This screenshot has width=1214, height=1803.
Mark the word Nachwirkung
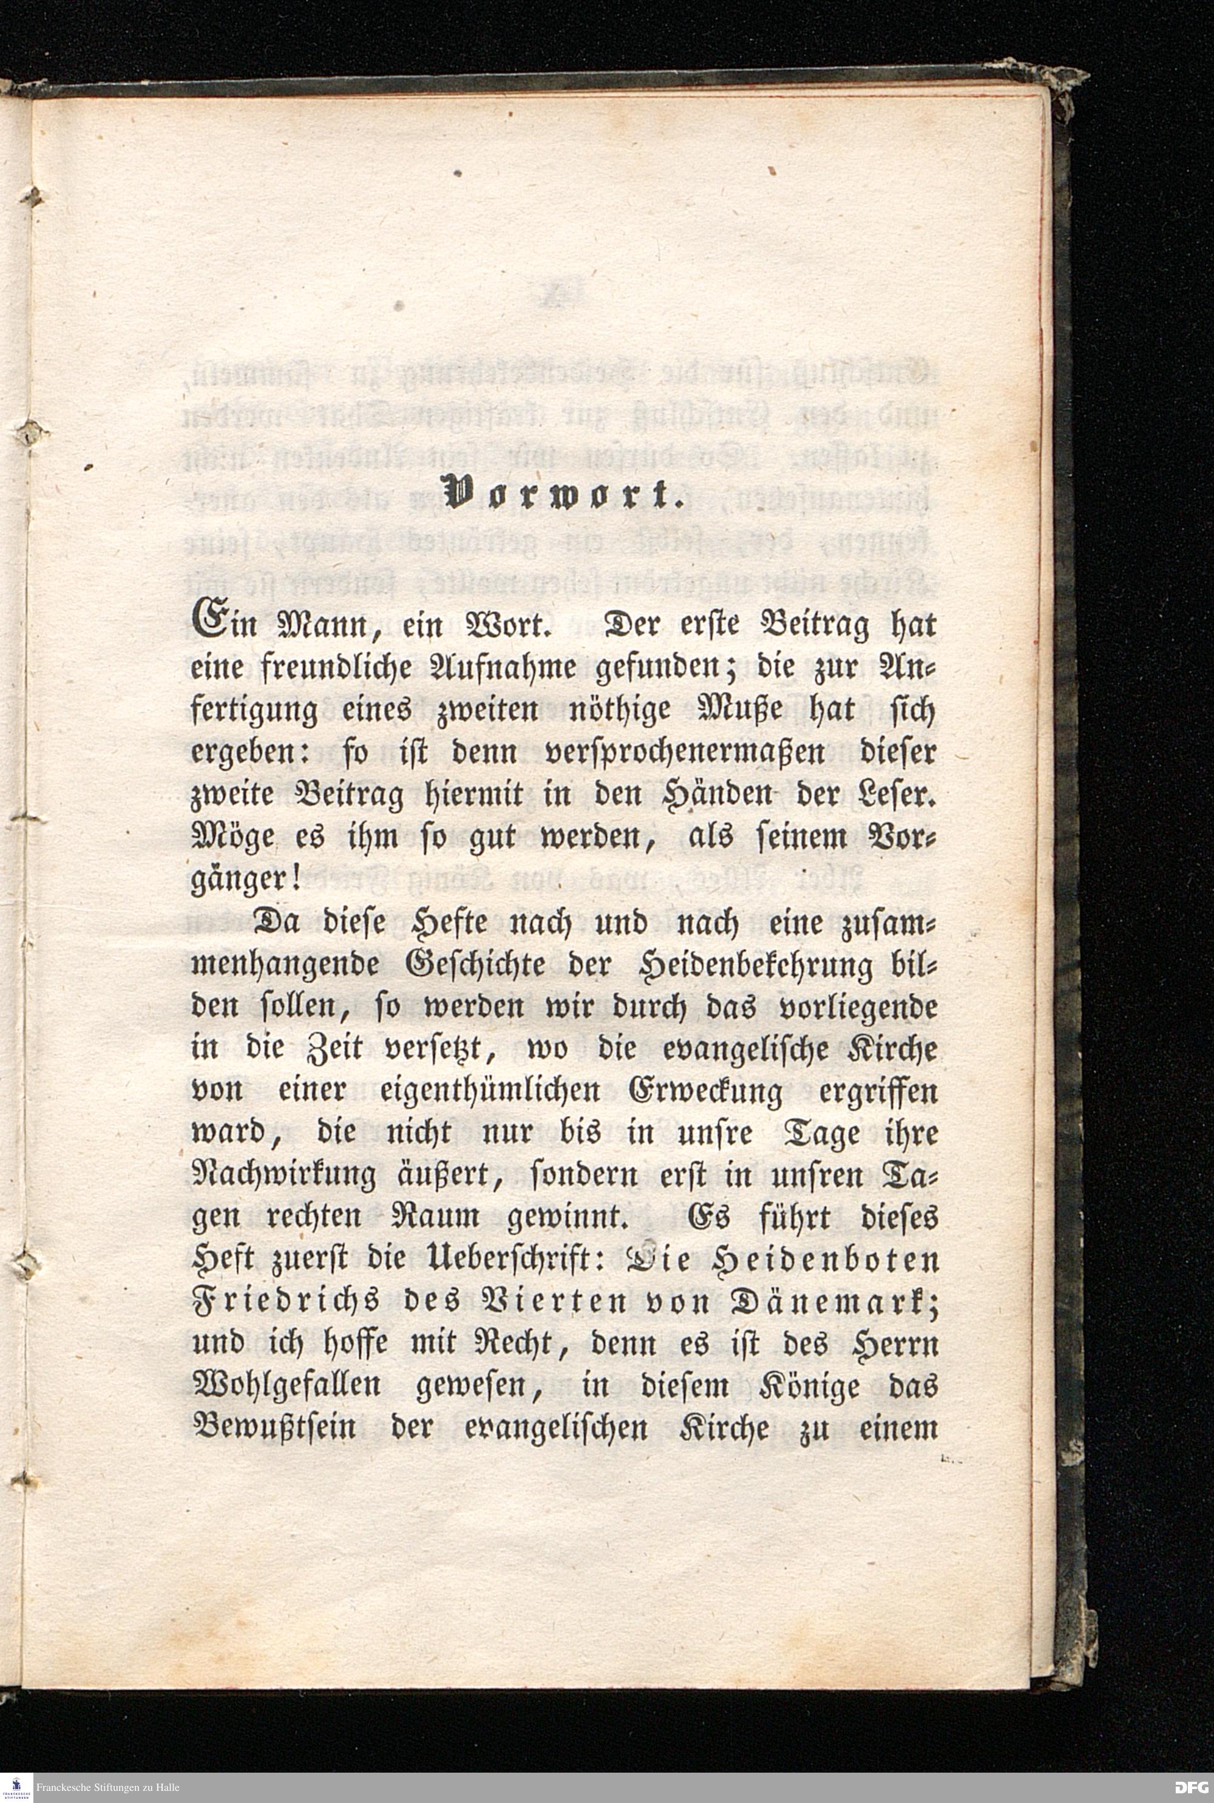(x=283, y=1177)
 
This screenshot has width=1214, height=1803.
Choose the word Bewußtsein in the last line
(x=273, y=1429)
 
